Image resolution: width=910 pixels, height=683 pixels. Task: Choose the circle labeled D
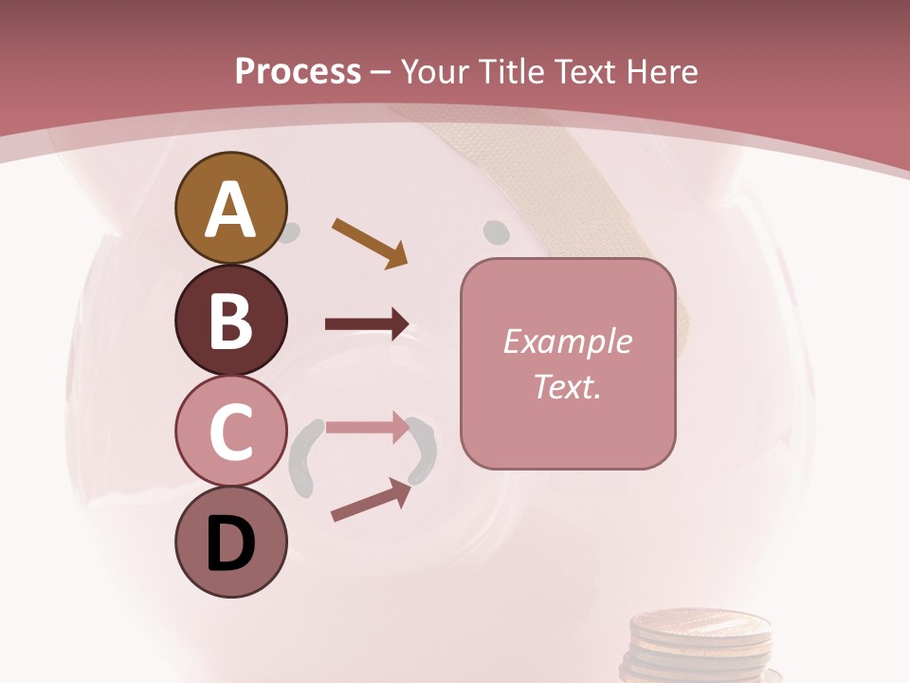(230, 542)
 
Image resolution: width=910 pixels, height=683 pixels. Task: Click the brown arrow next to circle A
(370, 242)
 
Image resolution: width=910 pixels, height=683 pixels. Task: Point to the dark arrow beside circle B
(367, 324)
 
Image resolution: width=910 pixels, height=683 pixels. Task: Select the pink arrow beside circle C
(367, 428)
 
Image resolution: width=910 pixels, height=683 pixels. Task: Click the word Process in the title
(298, 71)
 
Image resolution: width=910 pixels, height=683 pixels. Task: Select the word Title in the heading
(512, 71)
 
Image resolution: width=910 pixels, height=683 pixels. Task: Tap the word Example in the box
(567, 341)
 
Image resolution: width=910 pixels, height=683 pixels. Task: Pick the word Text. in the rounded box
(567, 386)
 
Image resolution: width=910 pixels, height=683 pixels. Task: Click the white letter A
(230, 211)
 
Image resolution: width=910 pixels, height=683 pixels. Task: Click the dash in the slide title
(380, 72)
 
